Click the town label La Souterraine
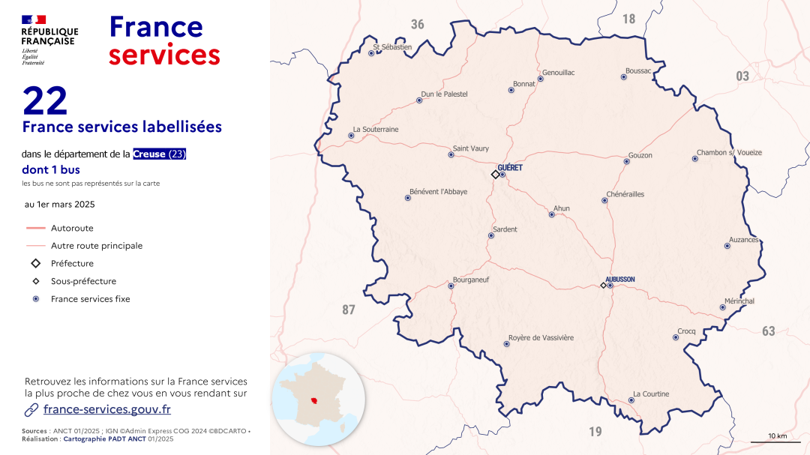pos(376,129)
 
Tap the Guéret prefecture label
pos(510,168)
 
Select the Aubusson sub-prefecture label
pos(620,279)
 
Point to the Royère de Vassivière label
pos(541,337)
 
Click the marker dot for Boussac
pos(624,76)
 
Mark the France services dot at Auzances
pos(727,246)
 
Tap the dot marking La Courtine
pos(631,400)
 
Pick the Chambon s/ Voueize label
pos(729,152)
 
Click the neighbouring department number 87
pos(349,310)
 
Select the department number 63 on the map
pos(769,331)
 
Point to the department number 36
pos(417,25)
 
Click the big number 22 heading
pos(45,101)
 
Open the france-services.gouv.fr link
pos(107,409)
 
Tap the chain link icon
pos(31,409)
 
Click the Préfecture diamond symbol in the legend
pos(35,263)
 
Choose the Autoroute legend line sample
pos(35,228)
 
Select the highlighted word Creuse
pos(149,154)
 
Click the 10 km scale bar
pos(777,443)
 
